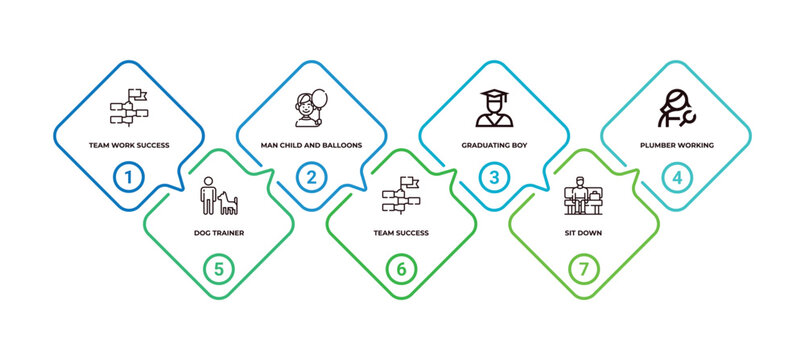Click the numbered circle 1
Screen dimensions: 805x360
coord(129,178)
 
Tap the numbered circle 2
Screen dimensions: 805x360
coord(312,178)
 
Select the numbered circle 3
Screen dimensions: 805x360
coord(494,178)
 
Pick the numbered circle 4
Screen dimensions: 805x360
coord(677,178)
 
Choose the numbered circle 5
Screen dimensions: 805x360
coord(219,269)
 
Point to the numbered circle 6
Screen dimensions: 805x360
coord(401,269)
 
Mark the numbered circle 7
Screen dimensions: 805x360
coord(584,269)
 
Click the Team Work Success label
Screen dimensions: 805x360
coord(129,145)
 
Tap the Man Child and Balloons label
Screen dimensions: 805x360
coord(312,145)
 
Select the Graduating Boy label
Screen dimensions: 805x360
coord(494,145)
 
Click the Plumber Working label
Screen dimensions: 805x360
coord(677,145)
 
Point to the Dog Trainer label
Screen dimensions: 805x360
coord(219,233)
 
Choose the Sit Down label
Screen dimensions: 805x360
coord(584,233)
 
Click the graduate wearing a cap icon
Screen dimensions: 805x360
coord(494,108)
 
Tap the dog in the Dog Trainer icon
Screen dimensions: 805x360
coord(227,203)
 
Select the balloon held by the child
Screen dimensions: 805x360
coord(320,100)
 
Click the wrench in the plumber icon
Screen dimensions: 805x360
coord(686,118)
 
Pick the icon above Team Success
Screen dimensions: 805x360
coord(401,195)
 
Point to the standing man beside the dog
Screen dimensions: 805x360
coord(208,196)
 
